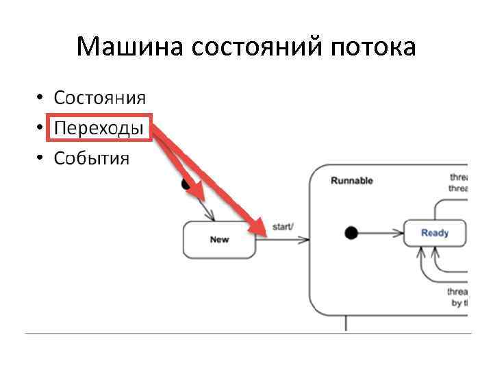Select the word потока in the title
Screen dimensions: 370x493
click(x=373, y=47)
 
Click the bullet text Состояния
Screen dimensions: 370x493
click(x=99, y=97)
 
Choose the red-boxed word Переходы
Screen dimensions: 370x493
click(x=99, y=128)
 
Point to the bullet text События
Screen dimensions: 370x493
click(x=91, y=159)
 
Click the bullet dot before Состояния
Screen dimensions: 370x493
click(x=41, y=97)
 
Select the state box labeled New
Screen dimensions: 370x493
click(x=219, y=240)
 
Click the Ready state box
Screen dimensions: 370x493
click(x=435, y=233)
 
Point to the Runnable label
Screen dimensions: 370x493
click(x=351, y=181)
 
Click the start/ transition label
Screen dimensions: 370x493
click(x=283, y=226)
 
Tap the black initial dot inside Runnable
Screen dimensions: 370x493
click(x=351, y=233)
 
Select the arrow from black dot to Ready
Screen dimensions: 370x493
click(x=380, y=233)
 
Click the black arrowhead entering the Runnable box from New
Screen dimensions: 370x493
click(x=305, y=240)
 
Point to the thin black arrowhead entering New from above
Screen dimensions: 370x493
click(x=212, y=217)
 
